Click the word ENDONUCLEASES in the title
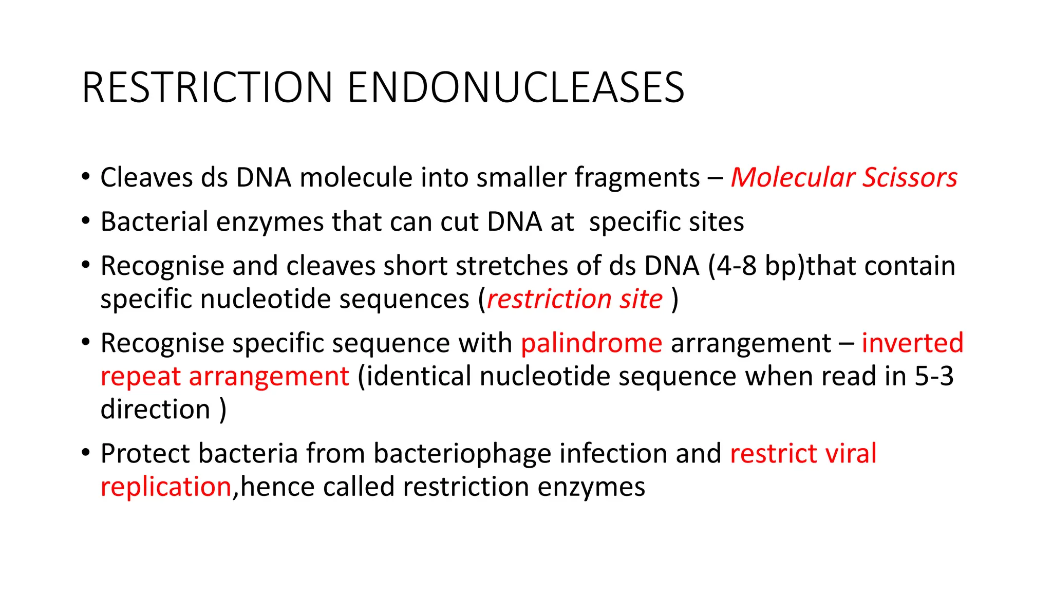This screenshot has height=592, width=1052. (516, 88)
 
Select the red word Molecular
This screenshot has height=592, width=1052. (793, 178)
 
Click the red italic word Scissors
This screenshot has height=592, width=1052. (910, 178)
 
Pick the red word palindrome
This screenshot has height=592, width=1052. (591, 343)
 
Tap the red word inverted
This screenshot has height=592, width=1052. (912, 343)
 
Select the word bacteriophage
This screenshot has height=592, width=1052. (462, 454)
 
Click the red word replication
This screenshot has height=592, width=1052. (166, 487)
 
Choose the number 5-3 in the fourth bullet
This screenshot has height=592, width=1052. (934, 376)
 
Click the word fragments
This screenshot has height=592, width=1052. (637, 178)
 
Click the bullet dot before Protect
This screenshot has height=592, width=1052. (86, 453)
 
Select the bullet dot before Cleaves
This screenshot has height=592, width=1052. (86, 177)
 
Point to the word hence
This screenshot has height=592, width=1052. (277, 487)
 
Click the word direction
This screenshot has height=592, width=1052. (156, 410)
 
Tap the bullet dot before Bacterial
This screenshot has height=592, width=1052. (86, 221)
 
